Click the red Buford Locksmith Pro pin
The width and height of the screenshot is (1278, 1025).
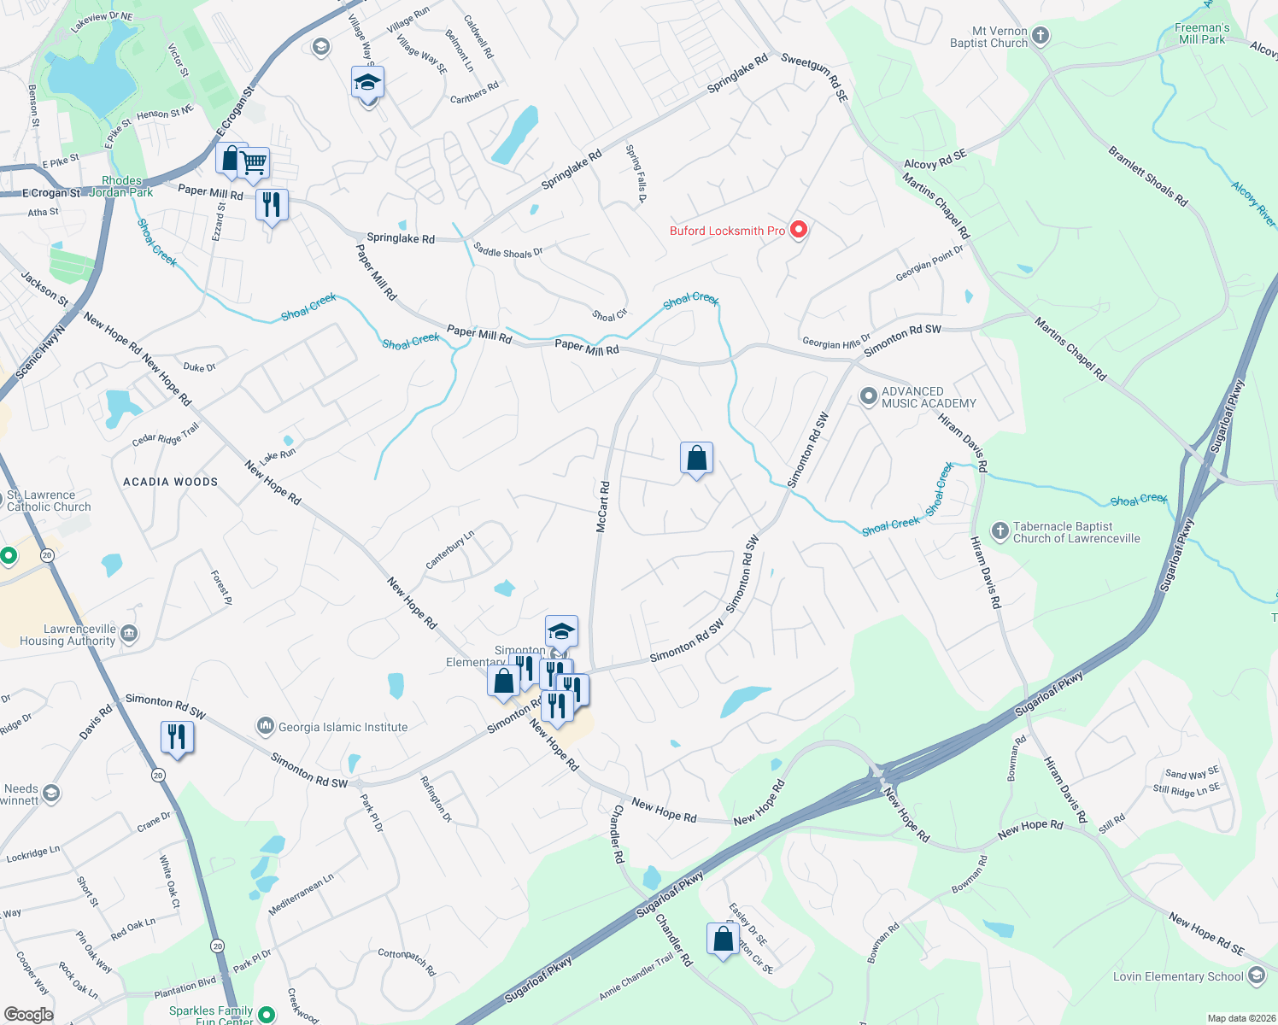click(x=799, y=230)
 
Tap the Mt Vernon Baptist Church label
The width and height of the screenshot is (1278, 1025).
click(x=988, y=37)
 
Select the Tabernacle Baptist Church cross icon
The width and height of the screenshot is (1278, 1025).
click(x=1000, y=531)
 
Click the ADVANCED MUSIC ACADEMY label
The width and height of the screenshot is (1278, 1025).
click(x=928, y=397)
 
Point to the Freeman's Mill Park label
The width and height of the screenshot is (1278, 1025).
click(x=1201, y=33)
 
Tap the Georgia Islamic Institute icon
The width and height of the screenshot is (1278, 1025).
click(x=266, y=726)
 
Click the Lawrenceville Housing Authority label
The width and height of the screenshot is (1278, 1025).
click(x=67, y=635)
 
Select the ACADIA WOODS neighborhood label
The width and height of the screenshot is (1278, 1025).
click(x=171, y=482)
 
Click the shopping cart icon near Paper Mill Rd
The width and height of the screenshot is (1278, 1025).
click(x=254, y=161)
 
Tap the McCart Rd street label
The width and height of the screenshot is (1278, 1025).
click(x=603, y=507)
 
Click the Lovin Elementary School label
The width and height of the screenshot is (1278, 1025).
click(x=1178, y=976)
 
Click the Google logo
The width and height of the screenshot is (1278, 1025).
click(x=28, y=1015)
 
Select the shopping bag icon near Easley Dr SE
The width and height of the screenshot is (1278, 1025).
click(x=723, y=939)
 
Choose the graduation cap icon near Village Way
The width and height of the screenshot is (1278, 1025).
click(x=367, y=83)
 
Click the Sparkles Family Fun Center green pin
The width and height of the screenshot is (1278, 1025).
click(x=267, y=1015)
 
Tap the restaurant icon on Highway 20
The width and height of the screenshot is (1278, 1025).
click(x=177, y=736)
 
